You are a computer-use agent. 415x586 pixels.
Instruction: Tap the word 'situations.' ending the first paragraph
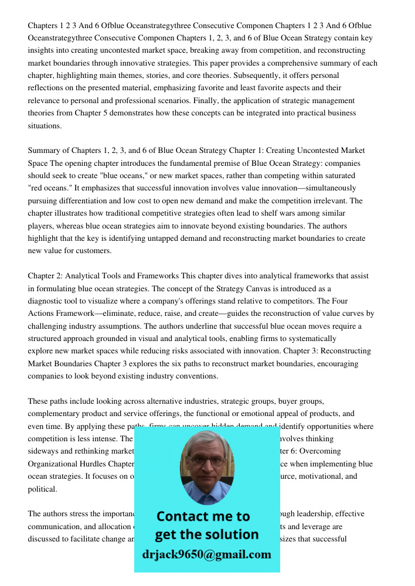point(45,126)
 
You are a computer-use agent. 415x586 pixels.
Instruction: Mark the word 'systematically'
point(311,339)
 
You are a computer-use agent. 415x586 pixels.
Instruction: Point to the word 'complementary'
point(55,414)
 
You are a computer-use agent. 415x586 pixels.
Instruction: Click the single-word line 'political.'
point(42,489)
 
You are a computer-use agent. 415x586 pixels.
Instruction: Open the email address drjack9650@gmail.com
point(206,554)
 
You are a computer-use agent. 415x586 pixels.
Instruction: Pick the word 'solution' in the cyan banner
point(231,534)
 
